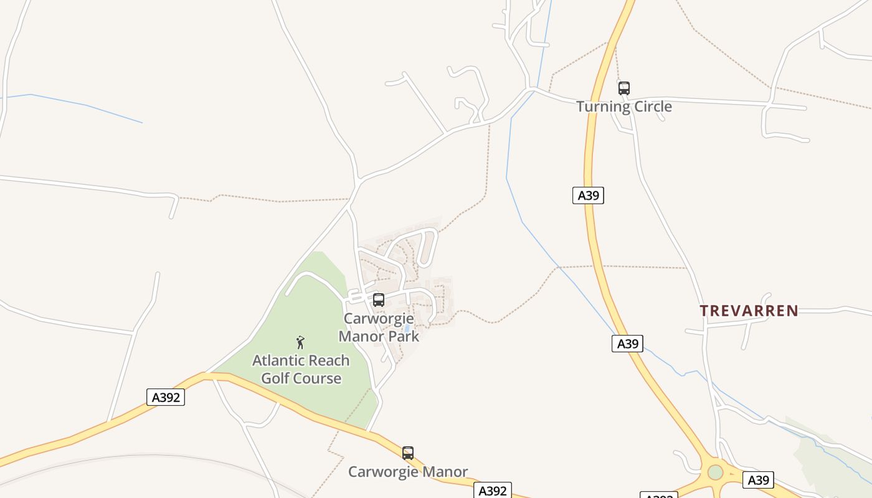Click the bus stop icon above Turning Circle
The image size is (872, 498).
pyautogui.click(x=623, y=88)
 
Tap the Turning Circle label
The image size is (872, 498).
pyautogui.click(x=623, y=106)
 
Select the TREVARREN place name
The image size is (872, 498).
pyautogui.click(x=749, y=311)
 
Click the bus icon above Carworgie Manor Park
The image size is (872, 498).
pyautogui.click(x=379, y=300)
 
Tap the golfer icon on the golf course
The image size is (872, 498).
pyautogui.click(x=300, y=342)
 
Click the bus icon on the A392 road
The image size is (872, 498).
pyautogui.click(x=408, y=453)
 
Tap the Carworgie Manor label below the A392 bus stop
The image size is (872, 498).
pyautogui.click(x=407, y=472)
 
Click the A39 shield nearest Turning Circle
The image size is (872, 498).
pyautogui.click(x=588, y=195)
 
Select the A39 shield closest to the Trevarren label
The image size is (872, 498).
pyautogui.click(x=627, y=344)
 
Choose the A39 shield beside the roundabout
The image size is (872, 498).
pyautogui.click(x=758, y=480)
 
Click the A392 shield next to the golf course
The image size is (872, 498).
pyautogui.click(x=166, y=397)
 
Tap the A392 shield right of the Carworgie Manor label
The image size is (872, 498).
pyautogui.click(x=493, y=491)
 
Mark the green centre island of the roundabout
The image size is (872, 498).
pyautogui.click(x=715, y=472)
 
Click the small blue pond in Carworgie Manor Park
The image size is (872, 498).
pyautogui.click(x=407, y=328)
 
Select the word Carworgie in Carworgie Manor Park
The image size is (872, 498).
pyautogui.click(x=379, y=319)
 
